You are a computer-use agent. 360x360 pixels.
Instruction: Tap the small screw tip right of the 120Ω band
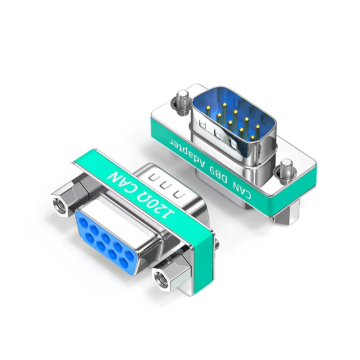click(x=218, y=246)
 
